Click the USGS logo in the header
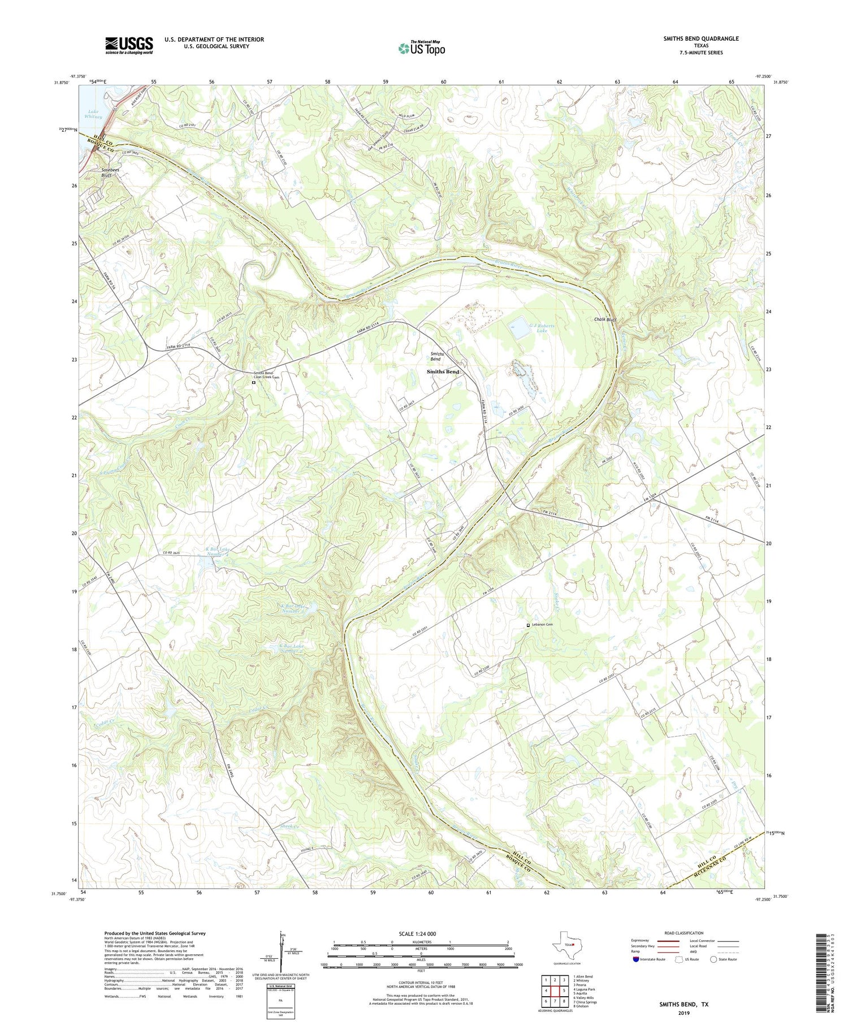(129, 45)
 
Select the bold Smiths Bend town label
(443, 372)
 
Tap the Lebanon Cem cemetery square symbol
(528, 625)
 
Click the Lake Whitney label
(94, 114)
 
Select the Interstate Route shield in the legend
(637, 959)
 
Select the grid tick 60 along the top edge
(443, 82)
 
